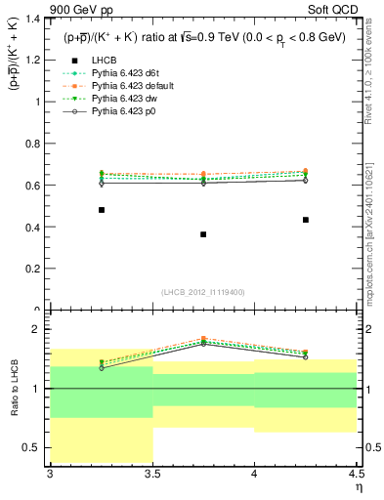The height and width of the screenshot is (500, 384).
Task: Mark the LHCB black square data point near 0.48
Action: tap(102, 210)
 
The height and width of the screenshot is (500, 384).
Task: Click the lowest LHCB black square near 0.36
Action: tap(203, 234)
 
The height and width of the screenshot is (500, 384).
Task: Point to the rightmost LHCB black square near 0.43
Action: tap(306, 220)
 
